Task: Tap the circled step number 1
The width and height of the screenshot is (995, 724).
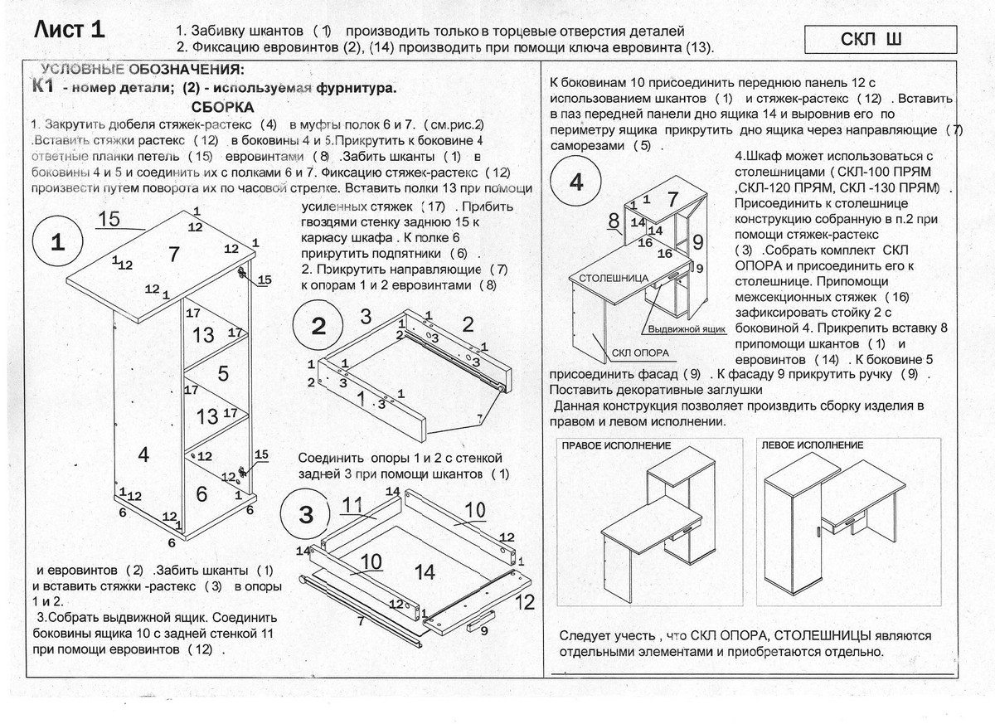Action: tap(57, 243)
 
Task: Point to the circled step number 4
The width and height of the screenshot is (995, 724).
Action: tap(576, 183)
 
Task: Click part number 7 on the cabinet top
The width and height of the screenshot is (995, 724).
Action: tap(173, 255)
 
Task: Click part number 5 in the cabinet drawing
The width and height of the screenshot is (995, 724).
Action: tap(222, 373)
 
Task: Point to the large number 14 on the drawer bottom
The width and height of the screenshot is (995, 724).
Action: tap(425, 571)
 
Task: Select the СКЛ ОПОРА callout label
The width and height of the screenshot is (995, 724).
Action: tap(640, 352)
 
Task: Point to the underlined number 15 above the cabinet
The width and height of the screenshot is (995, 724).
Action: tap(109, 219)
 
